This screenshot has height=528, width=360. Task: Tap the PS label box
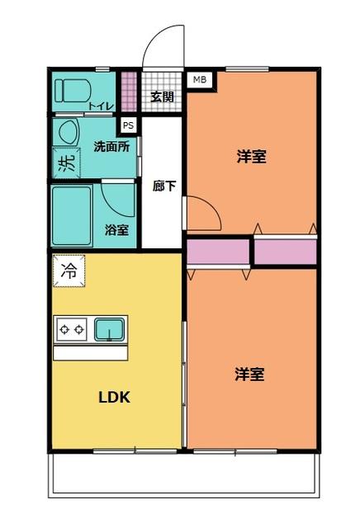pyautogui.click(x=128, y=125)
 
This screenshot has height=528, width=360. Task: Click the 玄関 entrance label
pyautogui.click(x=162, y=96)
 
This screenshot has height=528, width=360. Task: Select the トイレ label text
pyautogui.click(x=101, y=106)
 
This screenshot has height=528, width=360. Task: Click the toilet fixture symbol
pyautogui.click(x=71, y=90)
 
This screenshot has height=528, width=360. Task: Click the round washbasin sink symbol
pyautogui.click(x=67, y=132)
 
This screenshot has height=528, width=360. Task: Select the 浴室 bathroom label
pyautogui.click(x=116, y=230)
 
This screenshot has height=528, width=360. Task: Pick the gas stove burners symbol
pyautogui.click(x=71, y=329)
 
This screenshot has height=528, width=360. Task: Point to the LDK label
pyautogui.click(x=114, y=395)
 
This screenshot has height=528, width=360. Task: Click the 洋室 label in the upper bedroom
pyautogui.click(x=251, y=156)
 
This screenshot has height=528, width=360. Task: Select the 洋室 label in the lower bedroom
pyautogui.click(x=249, y=375)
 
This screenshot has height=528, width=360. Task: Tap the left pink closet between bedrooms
pyautogui.click(x=217, y=252)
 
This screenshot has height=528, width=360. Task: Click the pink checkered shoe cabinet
pyautogui.click(x=129, y=92)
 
